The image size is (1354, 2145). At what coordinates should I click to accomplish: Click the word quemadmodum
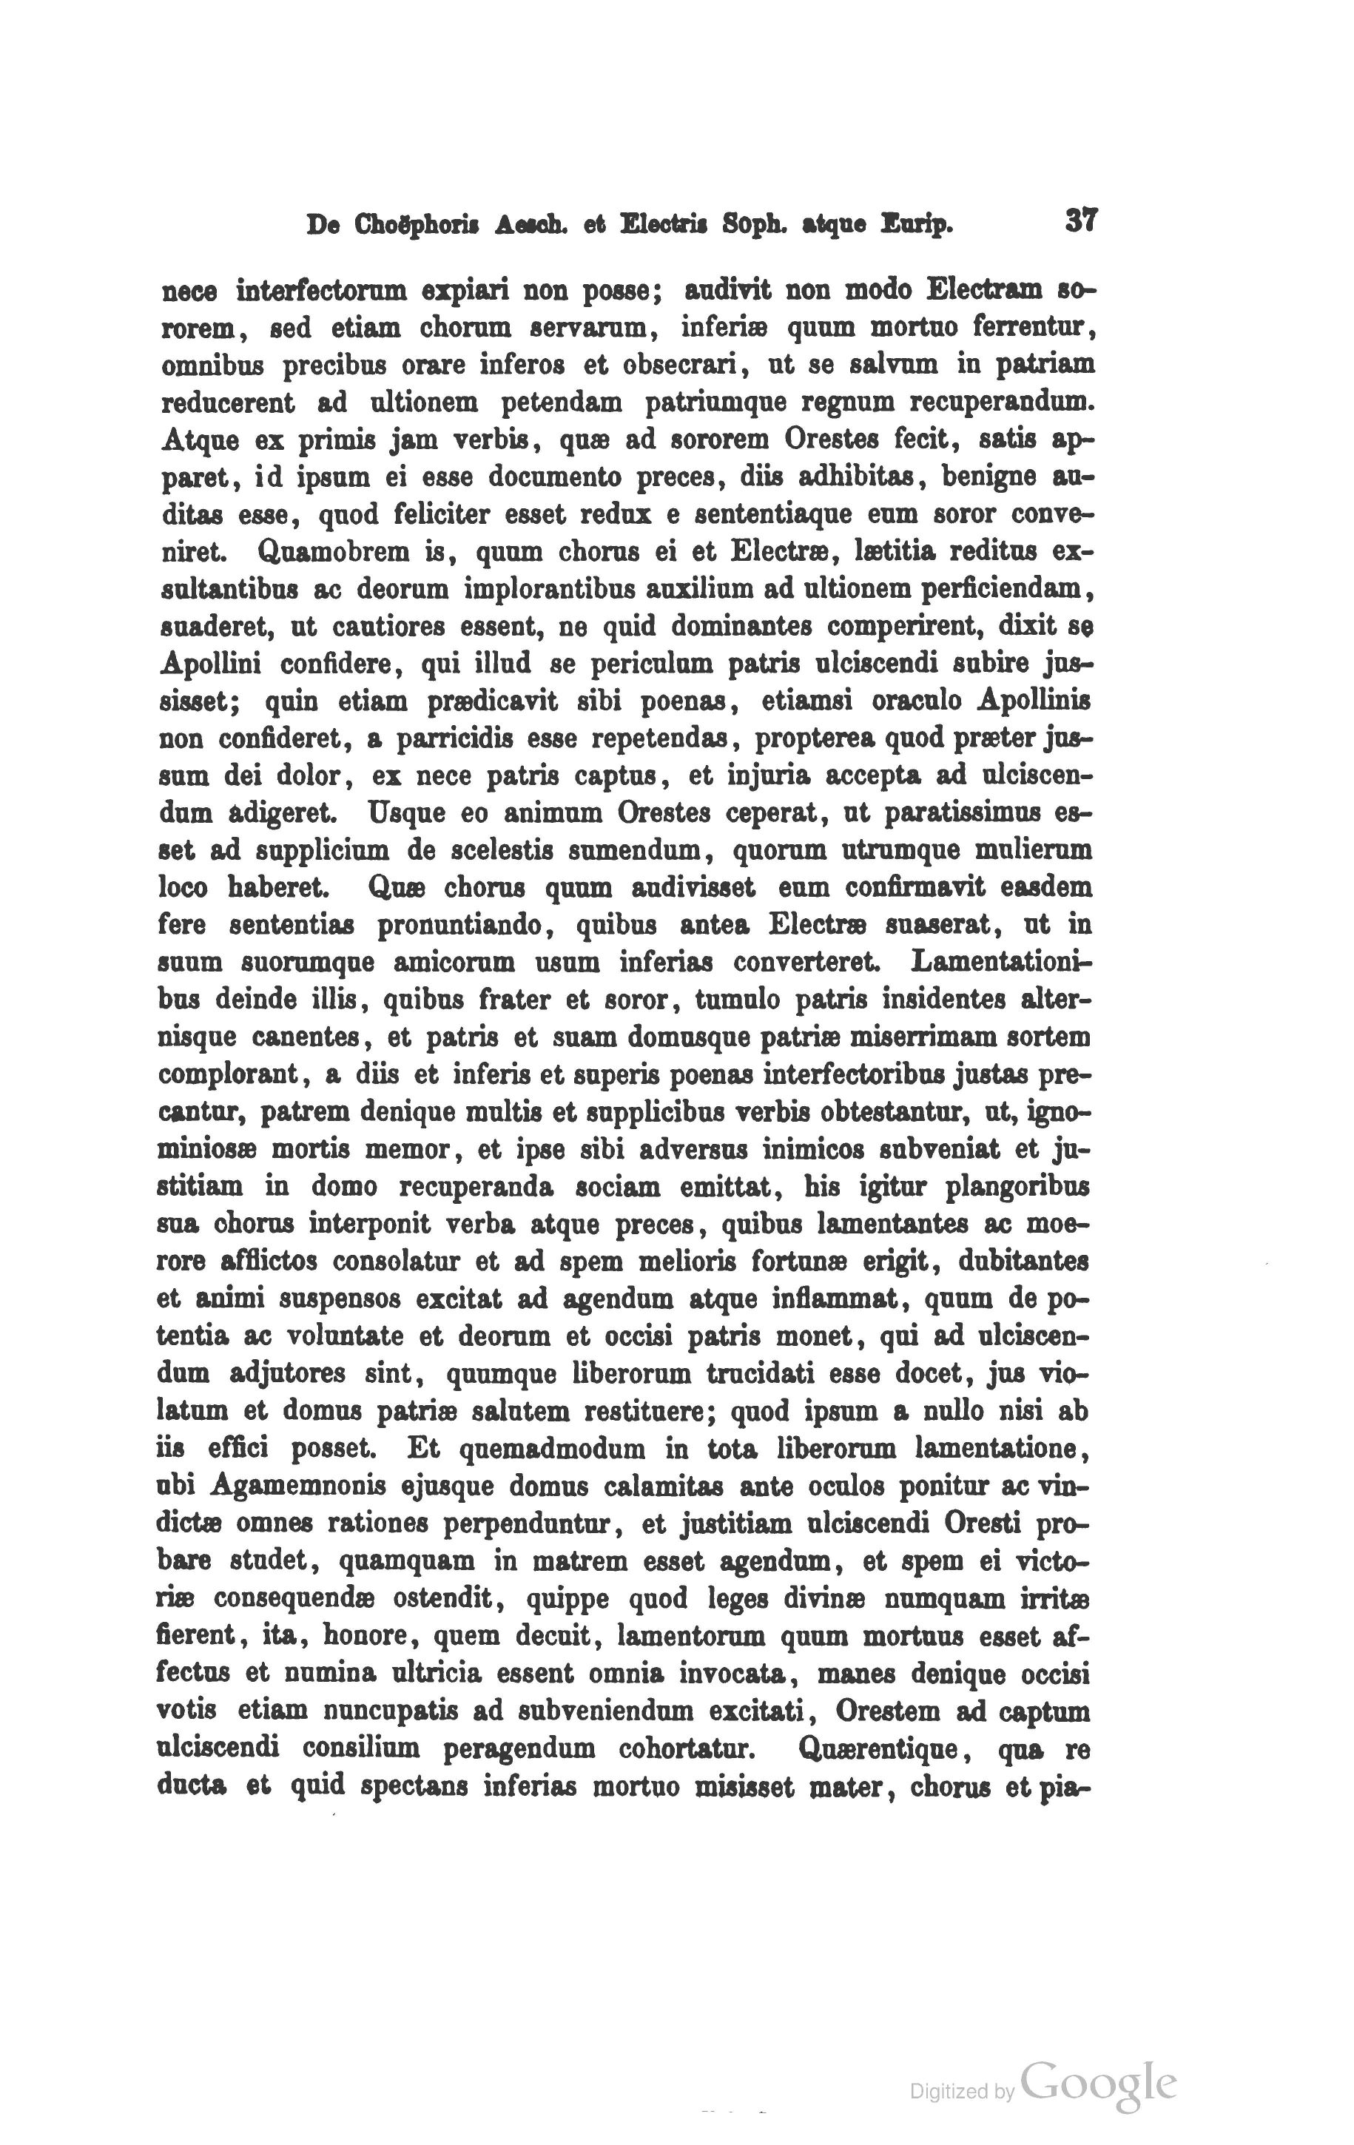pyautogui.click(x=551, y=1449)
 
